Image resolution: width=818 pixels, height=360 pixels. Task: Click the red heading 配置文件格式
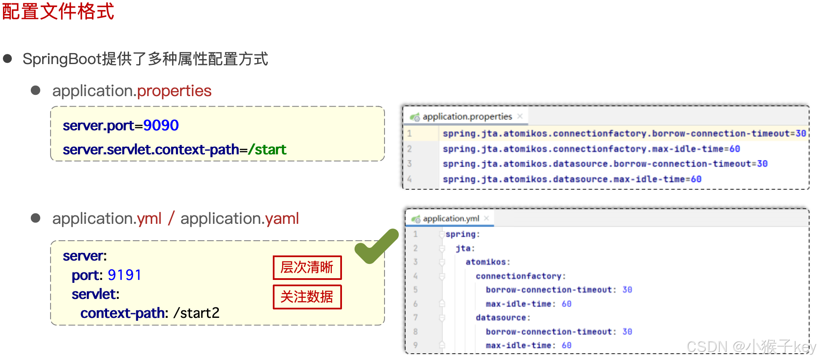coord(58,11)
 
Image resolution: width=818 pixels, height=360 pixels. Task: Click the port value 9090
coord(161,126)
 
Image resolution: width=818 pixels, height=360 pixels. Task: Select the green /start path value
coord(267,150)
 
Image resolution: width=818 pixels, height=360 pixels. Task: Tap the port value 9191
coord(124,275)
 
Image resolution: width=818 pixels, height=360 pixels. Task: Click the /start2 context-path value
coord(196,313)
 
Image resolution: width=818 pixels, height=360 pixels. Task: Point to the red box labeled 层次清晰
coord(307,268)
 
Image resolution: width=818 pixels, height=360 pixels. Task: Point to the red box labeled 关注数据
coord(307,297)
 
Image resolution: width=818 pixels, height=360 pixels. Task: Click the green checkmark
coord(376,247)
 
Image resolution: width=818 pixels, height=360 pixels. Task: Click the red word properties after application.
coord(174,91)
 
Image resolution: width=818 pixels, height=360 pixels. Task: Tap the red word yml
coord(149,219)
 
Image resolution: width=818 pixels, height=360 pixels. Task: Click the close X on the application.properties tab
coord(520,116)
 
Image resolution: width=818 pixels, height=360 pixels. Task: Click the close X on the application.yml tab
coord(487,218)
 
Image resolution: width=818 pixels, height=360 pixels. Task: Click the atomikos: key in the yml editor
coord(488,262)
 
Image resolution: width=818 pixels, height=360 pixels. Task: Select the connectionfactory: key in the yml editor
coord(521,276)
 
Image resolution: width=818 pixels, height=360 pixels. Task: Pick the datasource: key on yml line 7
coord(503,318)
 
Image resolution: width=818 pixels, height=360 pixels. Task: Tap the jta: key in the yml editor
coord(465,248)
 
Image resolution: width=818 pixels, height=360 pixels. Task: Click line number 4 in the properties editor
coord(409,179)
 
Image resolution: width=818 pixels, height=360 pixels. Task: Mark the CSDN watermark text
coord(751,347)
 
